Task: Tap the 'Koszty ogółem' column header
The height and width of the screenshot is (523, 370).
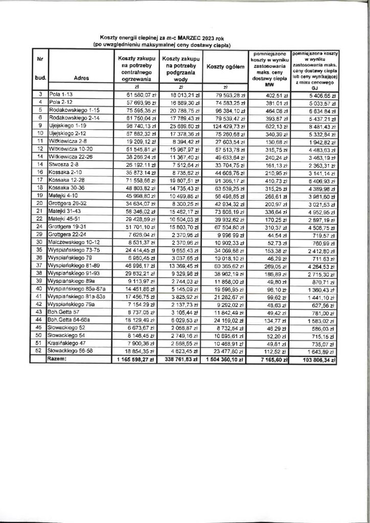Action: [x=226, y=67]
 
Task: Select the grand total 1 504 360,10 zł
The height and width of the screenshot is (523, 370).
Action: [x=226, y=360]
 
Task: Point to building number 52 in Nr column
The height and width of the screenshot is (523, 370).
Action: [x=39, y=352]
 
